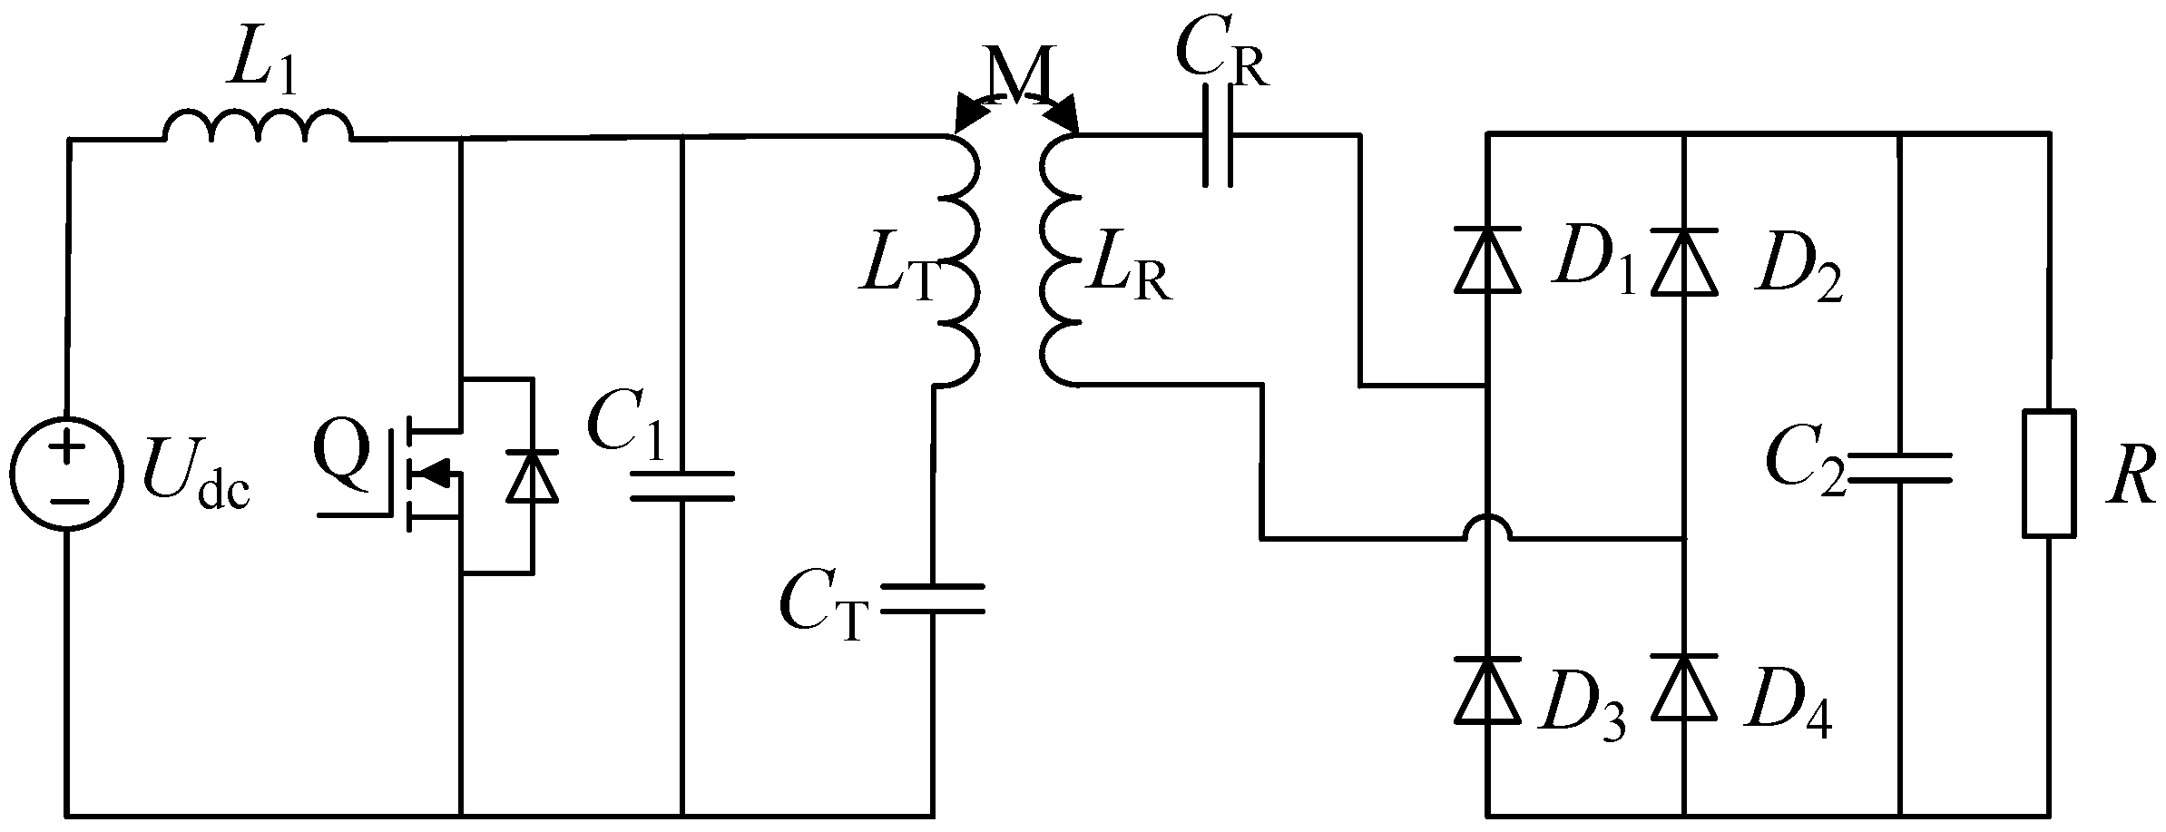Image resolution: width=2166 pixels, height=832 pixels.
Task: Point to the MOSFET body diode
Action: coord(532,475)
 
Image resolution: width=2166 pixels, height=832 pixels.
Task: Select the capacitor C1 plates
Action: coord(682,485)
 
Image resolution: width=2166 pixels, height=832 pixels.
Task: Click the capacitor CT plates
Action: coord(933,600)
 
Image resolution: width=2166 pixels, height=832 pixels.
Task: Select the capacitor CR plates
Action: coord(1218,136)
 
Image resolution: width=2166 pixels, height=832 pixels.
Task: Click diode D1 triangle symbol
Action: coord(1487,260)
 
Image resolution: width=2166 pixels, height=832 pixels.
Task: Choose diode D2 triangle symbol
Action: coord(1684,260)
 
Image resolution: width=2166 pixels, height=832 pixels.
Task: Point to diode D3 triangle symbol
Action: coord(1487,688)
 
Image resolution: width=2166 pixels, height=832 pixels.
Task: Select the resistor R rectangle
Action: coord(2049,474)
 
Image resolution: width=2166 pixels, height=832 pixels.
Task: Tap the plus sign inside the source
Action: coord(66,448)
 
